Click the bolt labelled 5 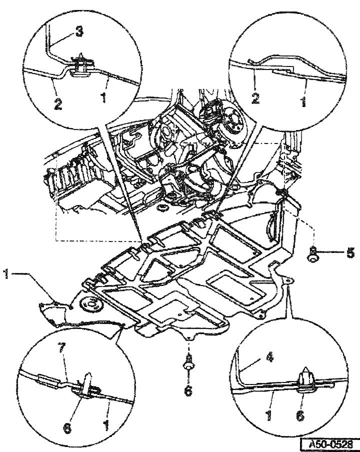coord(312,253)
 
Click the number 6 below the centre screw coord(187,390)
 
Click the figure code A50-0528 coord(329,444)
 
